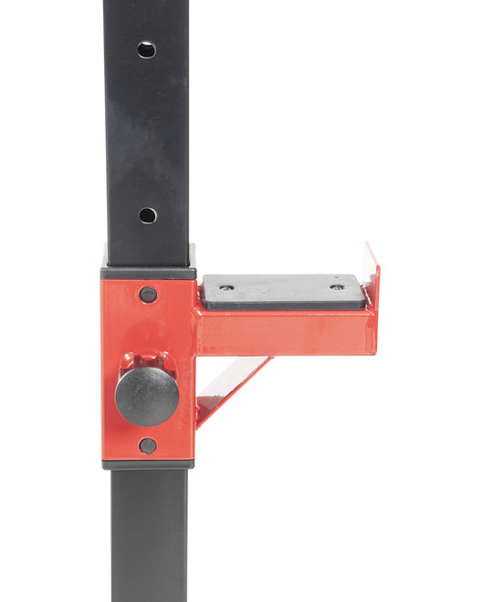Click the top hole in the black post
click(x=146, y=49)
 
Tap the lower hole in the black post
click(x=147, y=215)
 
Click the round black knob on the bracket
click(x=146, y=396)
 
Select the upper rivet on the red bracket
click(x=148, y=295)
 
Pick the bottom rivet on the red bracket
click(x=147, y=445)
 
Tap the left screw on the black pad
click(x=226, y=287)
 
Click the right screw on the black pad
click(x=337, y=286)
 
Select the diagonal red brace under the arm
click(x=233, y=388)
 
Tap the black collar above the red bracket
click(x=148, y=272)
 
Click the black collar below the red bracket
click(x=148, y=464)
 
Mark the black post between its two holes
click(x=146, y=132)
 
